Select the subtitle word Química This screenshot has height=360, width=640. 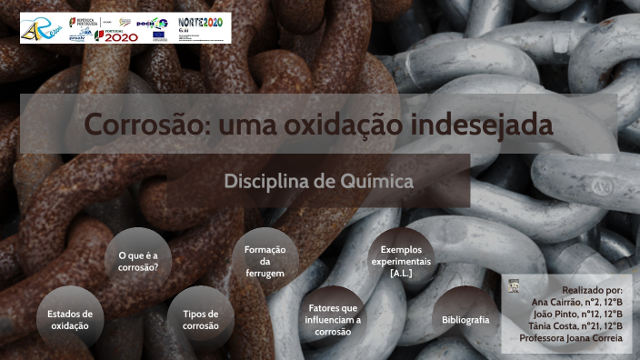(x=376, y=181)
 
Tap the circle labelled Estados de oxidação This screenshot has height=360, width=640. (x=70, y=319)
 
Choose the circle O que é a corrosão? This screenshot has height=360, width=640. (x=138, y=261)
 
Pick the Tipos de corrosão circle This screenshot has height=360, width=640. (x=200, y=319)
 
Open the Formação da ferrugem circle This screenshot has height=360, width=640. (x=265, y=261)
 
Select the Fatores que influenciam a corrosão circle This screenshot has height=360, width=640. (x=333, y=319)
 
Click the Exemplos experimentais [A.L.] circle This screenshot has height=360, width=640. (x=401, y=261)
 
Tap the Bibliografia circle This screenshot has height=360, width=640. (x=465, y=319)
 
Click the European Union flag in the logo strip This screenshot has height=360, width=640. (x=159, y=35)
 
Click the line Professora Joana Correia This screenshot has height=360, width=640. (x=571, y=338)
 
